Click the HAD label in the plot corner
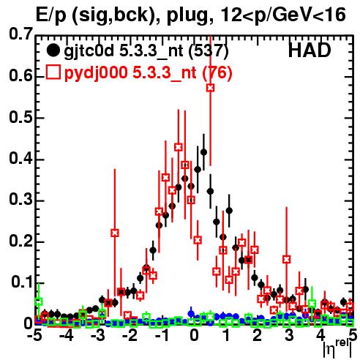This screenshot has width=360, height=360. [310, 50]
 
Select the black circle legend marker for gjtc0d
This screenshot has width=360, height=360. [53, 50]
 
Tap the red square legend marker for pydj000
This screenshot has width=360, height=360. [53, 72]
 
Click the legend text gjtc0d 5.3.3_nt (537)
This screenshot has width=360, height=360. [146, 51]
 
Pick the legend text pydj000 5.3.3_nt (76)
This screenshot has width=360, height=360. [149, 72]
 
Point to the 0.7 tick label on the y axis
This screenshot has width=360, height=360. [20, 34]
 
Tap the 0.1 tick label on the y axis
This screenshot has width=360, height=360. [22, 282]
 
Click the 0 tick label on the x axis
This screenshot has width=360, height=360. [194, 335]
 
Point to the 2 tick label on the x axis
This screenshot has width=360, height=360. [258, 335]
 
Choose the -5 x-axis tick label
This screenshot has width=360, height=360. [34, 335]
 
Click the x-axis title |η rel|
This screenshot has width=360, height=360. [337, 348]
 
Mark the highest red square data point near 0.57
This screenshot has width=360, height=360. [211, 88]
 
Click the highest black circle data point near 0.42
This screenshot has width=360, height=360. [203, 152]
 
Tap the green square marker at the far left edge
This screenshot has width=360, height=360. [39, 301]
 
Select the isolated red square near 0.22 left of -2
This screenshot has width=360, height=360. [115, 233]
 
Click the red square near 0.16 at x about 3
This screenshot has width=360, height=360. [287, 259]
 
